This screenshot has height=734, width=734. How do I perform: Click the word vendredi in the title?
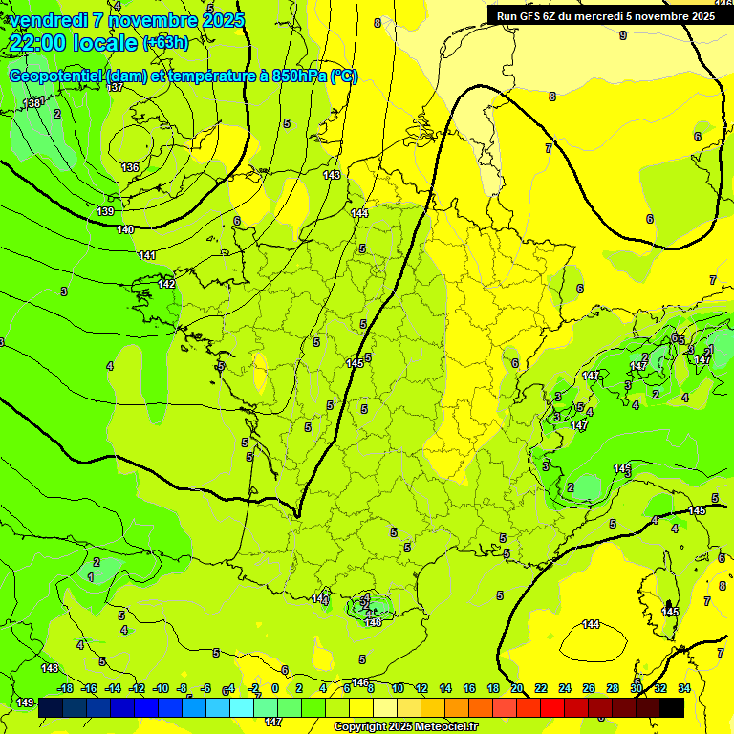48,20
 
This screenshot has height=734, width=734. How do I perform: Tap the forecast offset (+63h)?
165,42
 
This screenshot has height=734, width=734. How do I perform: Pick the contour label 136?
130,167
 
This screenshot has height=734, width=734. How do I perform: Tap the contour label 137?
116,87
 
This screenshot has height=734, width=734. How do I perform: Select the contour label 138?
34,102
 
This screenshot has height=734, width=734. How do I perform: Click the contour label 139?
105,211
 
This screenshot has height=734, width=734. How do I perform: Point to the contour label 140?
125,229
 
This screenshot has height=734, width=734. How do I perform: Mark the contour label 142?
166,284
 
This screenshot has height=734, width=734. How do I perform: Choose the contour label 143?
332,175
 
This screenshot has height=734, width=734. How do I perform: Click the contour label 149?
24,702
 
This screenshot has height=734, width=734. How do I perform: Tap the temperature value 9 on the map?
623,35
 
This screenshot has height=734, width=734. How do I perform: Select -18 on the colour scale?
65,688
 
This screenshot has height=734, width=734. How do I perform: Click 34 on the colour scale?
684,688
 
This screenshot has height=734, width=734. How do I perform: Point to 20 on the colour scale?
517,688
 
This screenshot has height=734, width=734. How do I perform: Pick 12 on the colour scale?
421,688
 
